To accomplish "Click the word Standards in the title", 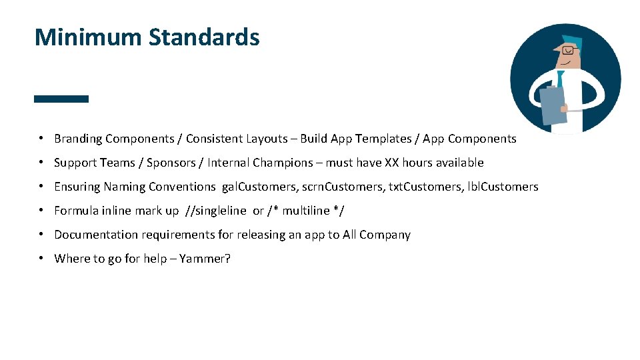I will [x=204, y=37].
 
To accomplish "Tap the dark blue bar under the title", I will [x=61, y=99].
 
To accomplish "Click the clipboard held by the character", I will [x=553, y=106].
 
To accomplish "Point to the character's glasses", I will [x=567, y=50].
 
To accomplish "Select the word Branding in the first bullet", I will [x=78, y=139].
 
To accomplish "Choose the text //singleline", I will [x=215, y=211].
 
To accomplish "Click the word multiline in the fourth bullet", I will [x=305, y=211].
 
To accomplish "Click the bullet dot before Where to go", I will [x=41, y=258].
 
